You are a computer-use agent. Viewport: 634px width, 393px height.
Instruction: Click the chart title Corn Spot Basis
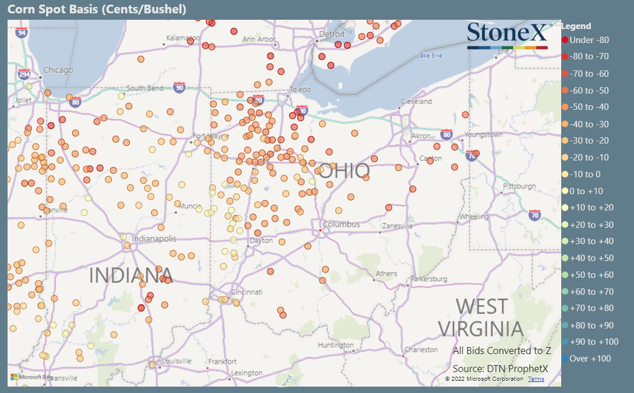pyautogui.click(x=97, y=9)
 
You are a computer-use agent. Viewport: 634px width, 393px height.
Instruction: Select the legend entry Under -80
pyautogui.click(x=589, y=40)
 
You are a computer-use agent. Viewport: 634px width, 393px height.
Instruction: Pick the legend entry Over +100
pyautogui.click(x=590, y=359)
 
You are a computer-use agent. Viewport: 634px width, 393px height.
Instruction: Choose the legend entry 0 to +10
pyautogui.click(x=587, y=191)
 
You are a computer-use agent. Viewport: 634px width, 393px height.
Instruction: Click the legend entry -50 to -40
pyautogui.click(x=589, y=107)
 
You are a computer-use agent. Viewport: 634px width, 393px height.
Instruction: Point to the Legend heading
pyautogui.click(x=576, y=26)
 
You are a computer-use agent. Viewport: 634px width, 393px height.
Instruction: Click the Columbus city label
pyautogui.click(x=341, y=224)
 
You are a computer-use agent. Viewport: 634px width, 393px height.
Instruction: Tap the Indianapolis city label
pyautogui.click(x=154, y=239)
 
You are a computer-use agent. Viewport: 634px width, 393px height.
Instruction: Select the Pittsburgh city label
pyautogui.click(x=519, y=187)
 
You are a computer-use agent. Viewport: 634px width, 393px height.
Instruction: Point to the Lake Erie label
pyautogui.click(x=430, y=56)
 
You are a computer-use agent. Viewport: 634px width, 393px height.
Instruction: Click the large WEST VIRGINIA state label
pyautogui.click(x=481, y=317)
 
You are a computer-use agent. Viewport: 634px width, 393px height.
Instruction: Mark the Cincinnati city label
pyautogui.click(x=247, y=292)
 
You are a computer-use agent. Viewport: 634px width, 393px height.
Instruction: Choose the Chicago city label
pyautogui.click(x=58, y=70)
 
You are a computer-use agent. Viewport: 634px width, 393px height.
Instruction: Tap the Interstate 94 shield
pyautogui.click(x=22, y=33)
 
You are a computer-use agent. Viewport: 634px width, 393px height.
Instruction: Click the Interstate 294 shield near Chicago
pyautogui.click(x=24, y=74)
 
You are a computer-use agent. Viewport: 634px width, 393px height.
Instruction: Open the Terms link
pyautogui.click(x=536, y=379)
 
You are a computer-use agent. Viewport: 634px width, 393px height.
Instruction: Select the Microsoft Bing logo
pyautogui.click(x=31, y=377)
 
